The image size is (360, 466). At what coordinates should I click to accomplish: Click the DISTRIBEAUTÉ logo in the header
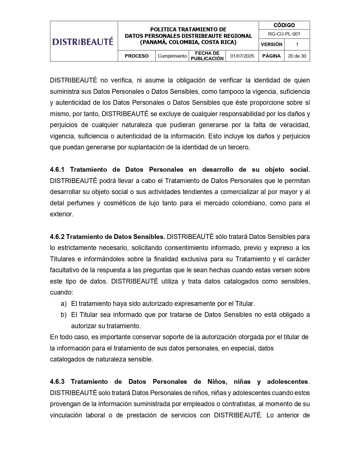point(83,42)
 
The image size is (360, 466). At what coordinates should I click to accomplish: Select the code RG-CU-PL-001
point(284,34)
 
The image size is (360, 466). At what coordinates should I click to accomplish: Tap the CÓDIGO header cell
point(284,25)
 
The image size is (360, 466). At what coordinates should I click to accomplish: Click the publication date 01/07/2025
point(242,56)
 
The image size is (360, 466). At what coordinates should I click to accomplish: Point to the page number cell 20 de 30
point(297,56)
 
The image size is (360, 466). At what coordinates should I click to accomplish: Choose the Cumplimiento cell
point(172,56)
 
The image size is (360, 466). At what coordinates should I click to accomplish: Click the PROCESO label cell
point(137,56)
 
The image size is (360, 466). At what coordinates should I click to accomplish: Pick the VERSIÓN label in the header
point(271,44)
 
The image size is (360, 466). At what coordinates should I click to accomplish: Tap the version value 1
point(297,44)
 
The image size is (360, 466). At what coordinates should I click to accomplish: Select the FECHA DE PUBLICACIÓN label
point(207,56)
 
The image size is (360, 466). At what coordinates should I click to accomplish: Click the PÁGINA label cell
point(271,56)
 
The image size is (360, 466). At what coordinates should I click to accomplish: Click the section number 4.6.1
point(57,170)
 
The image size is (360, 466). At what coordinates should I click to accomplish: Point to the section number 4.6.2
point(57,237)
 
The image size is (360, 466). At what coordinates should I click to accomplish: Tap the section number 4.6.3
point(57,382)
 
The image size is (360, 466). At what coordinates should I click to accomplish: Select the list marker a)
point(64,304)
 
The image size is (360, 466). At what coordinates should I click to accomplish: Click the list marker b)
point(64,315)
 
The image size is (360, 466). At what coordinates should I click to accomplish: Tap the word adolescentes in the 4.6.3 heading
point(287,382)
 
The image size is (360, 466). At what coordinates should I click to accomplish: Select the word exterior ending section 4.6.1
point(61,214)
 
